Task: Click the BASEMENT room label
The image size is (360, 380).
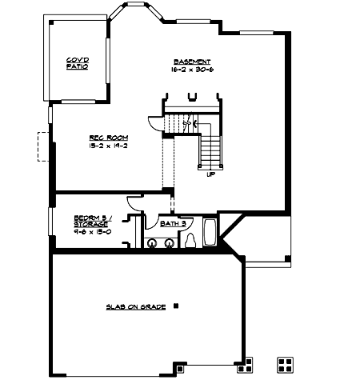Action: click(x=192, y=62)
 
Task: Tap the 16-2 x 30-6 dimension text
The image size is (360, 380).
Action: click(x=192, y=70)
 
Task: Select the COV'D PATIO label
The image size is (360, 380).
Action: click(x=77, y=64)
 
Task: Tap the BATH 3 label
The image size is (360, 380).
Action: click(x=172, y=225)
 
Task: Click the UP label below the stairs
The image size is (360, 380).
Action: click(x=210, y=174)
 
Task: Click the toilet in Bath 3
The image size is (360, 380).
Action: click(x=190, y=241)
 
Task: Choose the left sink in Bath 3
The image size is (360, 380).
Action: click(x=153, y=242)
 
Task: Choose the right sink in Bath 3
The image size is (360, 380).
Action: click(x=169, y=242)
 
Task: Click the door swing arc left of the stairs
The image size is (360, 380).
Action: click(x=154, y=124)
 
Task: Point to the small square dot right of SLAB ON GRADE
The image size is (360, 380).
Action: click(x=176, y=306)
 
